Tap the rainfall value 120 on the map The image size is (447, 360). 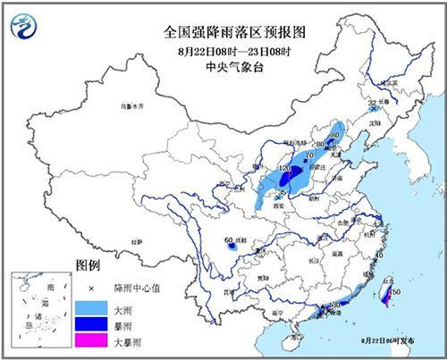(x=286, y=168)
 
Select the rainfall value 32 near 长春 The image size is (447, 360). (x=372, y=104)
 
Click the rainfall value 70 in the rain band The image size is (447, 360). (x=308, y=155)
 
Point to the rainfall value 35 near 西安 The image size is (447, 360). (x=283, y=192)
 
